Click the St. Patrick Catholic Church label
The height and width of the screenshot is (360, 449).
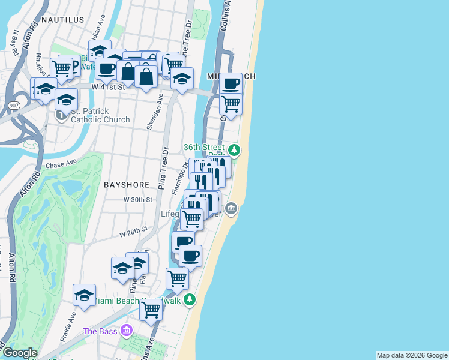pos(100,115)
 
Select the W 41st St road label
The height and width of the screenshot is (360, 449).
pos(108,87)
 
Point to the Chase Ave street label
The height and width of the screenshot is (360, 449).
pos(61,164)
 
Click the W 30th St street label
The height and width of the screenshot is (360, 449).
pos(135,199)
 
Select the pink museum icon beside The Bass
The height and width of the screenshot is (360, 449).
pos(126,331)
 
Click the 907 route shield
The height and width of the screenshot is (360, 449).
pos(14,106)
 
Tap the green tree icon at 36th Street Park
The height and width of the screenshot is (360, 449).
pos(235,149)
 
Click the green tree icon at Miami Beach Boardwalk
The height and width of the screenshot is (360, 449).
pos(190,299)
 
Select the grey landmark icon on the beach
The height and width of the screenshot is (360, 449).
pos(231,209)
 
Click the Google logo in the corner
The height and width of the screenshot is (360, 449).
pos(20,353)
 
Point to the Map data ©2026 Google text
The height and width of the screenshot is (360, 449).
pos(412,355)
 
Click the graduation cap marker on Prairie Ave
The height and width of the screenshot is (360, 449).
pos(84,295)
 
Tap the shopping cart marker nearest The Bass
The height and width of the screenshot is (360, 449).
pos(151,310)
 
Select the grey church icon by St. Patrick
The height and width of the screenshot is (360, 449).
pos(61,114)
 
